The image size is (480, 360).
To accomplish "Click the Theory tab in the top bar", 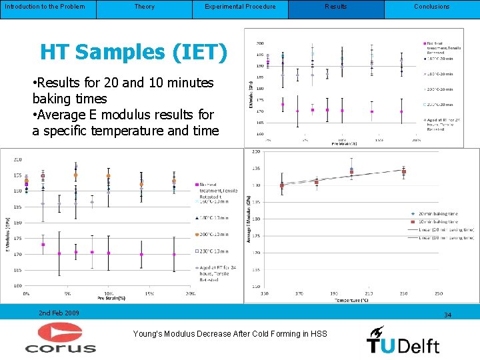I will coord(144,7).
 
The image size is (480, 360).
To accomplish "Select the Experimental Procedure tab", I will coord(240,7).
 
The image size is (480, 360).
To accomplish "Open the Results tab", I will coord(335,7).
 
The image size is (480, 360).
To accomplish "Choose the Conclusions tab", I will coord(431,7).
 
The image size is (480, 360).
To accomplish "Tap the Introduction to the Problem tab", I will coord(45,7).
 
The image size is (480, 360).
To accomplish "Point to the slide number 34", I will coord(448,315).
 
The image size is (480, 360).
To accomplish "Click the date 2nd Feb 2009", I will coord(59,313).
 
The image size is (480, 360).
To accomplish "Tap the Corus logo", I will coord(61,338).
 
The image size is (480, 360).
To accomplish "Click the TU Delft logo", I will coord(403,340).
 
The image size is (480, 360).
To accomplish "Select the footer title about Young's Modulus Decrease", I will coord(230,333).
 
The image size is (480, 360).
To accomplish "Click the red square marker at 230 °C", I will coord(403,172).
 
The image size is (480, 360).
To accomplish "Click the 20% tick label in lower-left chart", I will coord(191,293).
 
